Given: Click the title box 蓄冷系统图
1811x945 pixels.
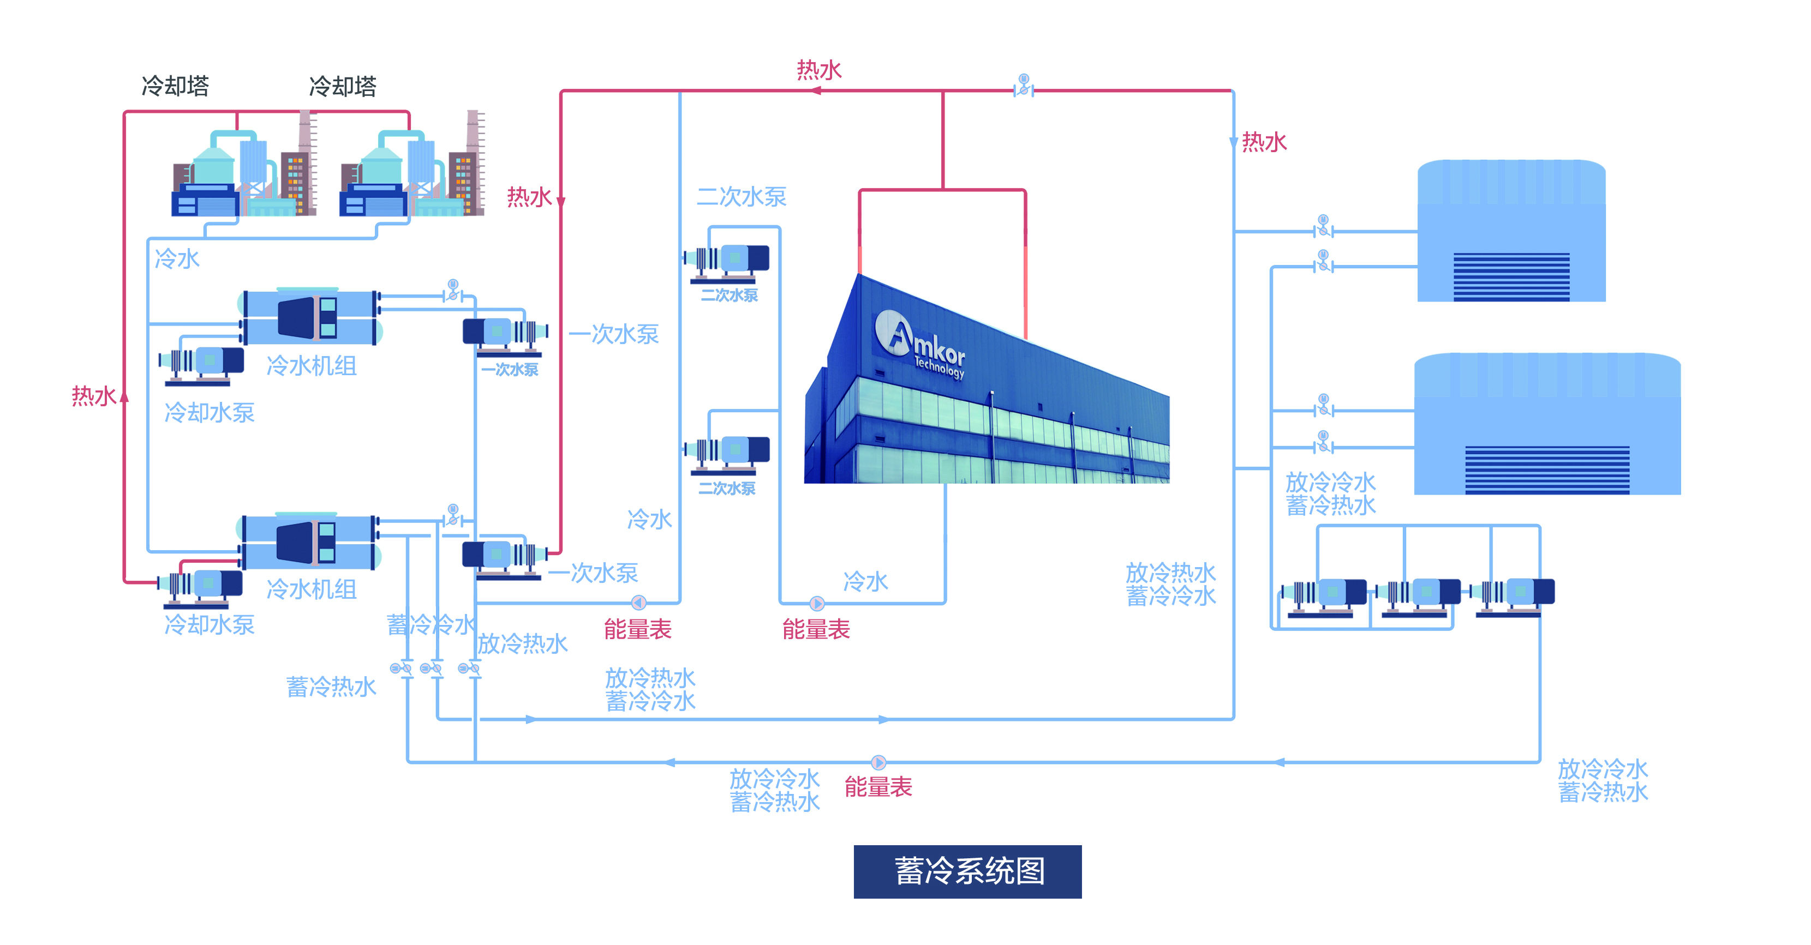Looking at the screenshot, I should [x=967, y=871].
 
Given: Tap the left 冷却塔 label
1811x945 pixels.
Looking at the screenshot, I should [x=175, y=86].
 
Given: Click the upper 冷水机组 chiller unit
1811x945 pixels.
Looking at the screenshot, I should [x=309, y=317].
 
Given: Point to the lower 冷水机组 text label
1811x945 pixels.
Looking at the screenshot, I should [x=312, y=589].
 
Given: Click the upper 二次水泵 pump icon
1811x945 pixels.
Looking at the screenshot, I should [x=728, y=261].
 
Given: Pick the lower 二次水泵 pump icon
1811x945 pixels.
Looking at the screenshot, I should [x=728, y=453].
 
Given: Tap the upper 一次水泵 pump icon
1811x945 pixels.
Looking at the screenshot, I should [x=505, y=334].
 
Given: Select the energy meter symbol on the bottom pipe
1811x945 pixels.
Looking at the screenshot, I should [x=878, y=762].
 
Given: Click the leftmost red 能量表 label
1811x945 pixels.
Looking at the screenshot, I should [x=638, y=629].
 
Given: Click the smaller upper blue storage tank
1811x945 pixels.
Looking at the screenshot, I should [x=1511, y=232].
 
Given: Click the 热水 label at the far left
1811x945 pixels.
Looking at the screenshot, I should [x=93, y=396].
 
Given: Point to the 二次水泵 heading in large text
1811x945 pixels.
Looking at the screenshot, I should [x=741, y=197].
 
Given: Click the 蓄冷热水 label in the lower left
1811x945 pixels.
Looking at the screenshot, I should [x=331, y=687].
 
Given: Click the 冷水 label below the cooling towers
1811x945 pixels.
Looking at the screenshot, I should [x=177, y=259].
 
